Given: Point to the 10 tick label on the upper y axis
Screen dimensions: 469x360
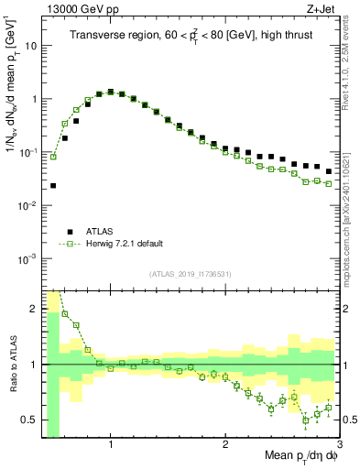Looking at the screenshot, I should click(31, 45).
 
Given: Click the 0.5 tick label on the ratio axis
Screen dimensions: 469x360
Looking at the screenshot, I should click(28, 420).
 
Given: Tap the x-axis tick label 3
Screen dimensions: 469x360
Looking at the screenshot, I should click(340, 445).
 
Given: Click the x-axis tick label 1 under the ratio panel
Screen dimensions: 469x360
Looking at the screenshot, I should click(111, 445).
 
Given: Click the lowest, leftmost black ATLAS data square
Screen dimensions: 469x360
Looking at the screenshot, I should click(53, 185).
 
